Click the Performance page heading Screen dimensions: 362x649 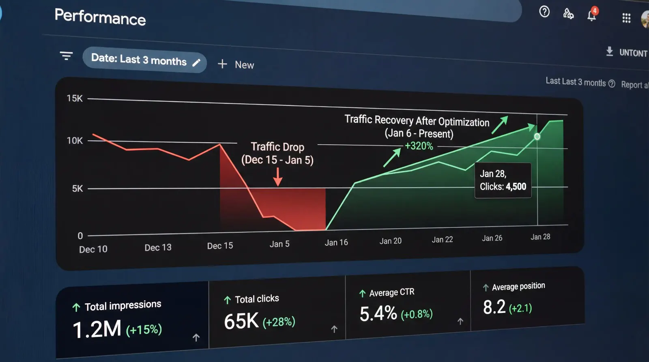tap(100, 17)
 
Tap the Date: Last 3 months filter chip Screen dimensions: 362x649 tap(144, 60)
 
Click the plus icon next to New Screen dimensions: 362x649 tap(222, 64)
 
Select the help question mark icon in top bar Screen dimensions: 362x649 tap(544, 12)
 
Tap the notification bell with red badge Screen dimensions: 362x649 tap(592, 15)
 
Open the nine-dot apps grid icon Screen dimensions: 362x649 tap(626, 18)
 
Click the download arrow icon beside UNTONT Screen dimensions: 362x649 tap(609, 51)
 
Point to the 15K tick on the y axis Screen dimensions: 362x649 tap(75, 99)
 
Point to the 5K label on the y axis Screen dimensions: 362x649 tap(77, 188)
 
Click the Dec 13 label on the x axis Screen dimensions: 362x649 tap(158, 247)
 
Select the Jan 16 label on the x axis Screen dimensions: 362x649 tap(336, 242)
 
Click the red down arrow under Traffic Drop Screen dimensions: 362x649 tap(278, 176)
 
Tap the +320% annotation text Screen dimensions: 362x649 tap(419, 146)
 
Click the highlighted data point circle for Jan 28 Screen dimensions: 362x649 tap(537, 137)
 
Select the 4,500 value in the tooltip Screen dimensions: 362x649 tap(516, 186)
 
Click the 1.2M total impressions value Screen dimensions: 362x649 tap(97, 329)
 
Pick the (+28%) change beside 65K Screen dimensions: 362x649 tap(279, 322)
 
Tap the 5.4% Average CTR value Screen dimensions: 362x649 tap(378, 313)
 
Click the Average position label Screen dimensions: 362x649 tap(518, 286)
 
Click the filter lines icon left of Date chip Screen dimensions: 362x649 tap(66, 56)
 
